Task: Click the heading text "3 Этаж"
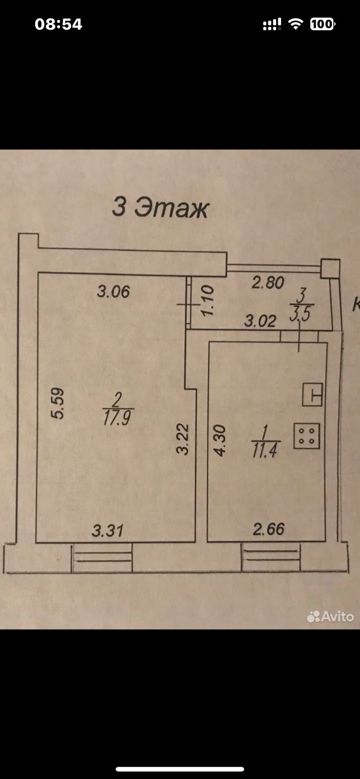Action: pos(160,208)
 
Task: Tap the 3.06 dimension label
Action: pos(114,291)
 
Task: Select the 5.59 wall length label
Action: pos(58,403)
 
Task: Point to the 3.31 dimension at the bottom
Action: pos(108,530)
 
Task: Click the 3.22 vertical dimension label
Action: pos(182,439)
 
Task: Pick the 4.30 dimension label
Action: pos(220,441)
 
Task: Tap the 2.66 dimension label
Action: pos(269,529)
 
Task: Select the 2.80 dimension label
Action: pos(268,282)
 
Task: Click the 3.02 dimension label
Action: pos(260,321)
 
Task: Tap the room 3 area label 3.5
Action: pos(300,305)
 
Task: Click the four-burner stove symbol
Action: pos(307,436)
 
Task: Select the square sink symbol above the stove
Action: pos(313,394)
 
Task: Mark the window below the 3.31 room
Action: pos(102,558)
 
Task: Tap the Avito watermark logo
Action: pos(330,616)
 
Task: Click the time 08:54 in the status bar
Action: pos(58,24)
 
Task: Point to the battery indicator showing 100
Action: pos(322,24)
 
